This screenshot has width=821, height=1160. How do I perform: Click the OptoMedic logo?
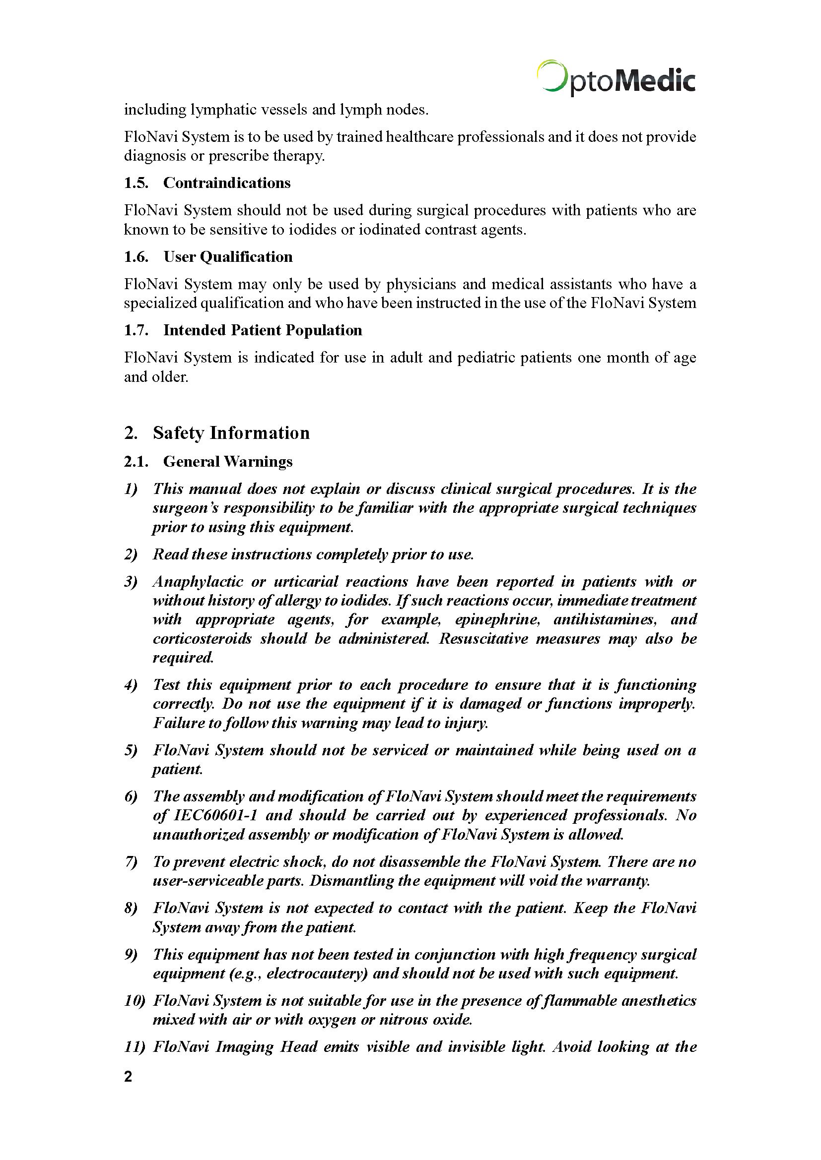[x=616, y=78]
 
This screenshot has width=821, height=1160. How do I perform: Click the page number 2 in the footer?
[x=128, y=1076]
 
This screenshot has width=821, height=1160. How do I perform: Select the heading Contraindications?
[x=226, y=183]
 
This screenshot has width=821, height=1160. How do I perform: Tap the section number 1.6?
[x=136, y=257]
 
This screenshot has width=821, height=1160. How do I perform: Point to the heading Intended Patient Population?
[x=263, y=330]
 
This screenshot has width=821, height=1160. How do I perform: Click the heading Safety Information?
[x=231, y=433]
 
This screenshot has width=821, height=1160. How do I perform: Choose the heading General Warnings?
[x=227, y=461]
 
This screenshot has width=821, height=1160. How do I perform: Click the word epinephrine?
[x=497, y=619]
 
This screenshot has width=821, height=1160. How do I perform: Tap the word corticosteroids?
[x=202, y=639]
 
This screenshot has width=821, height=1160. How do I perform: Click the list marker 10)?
[x=135, y=1000]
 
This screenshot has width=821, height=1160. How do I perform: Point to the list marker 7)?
[x=131, y=861]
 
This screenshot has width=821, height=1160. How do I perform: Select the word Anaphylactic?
[x=198, y=582]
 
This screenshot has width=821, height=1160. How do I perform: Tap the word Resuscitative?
[x=483, y=639]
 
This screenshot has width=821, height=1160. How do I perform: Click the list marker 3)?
[x=131, y=582]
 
